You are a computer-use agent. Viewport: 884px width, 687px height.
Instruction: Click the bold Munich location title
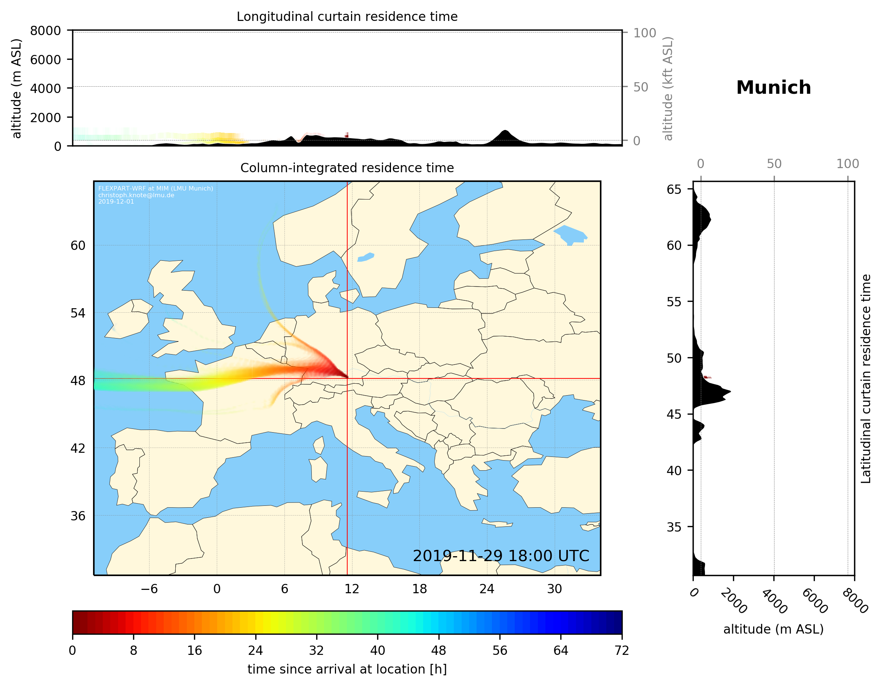(773, 88)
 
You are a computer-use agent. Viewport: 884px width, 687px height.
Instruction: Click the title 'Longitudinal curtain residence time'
(347, 16)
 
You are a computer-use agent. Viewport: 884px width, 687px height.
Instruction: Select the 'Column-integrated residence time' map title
(347, 168)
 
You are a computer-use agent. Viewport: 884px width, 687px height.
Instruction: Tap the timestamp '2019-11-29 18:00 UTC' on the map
(501, 556)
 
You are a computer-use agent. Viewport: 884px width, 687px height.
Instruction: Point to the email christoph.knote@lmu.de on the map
(136, 195)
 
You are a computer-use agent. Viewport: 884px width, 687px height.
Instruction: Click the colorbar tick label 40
(377, 651)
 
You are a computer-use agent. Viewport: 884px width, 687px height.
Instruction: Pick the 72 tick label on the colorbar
(621, 651)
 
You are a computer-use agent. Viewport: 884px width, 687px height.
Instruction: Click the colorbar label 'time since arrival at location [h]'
(347, 669)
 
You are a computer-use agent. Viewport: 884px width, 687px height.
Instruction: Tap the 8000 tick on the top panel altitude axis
(45, 31)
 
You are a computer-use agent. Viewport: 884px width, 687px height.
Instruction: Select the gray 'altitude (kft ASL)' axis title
(668, 89)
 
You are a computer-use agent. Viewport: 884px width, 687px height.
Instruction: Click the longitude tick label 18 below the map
(419, 589)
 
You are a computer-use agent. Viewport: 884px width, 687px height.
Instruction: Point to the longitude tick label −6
(149, 589)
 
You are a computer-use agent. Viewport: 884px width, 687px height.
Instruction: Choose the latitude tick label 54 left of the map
(78, 313)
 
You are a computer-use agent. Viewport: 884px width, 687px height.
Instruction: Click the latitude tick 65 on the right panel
(674, 189)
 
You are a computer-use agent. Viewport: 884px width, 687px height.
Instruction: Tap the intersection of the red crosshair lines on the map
(347, 378)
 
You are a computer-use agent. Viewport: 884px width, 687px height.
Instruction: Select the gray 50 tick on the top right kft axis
(640, 87)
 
